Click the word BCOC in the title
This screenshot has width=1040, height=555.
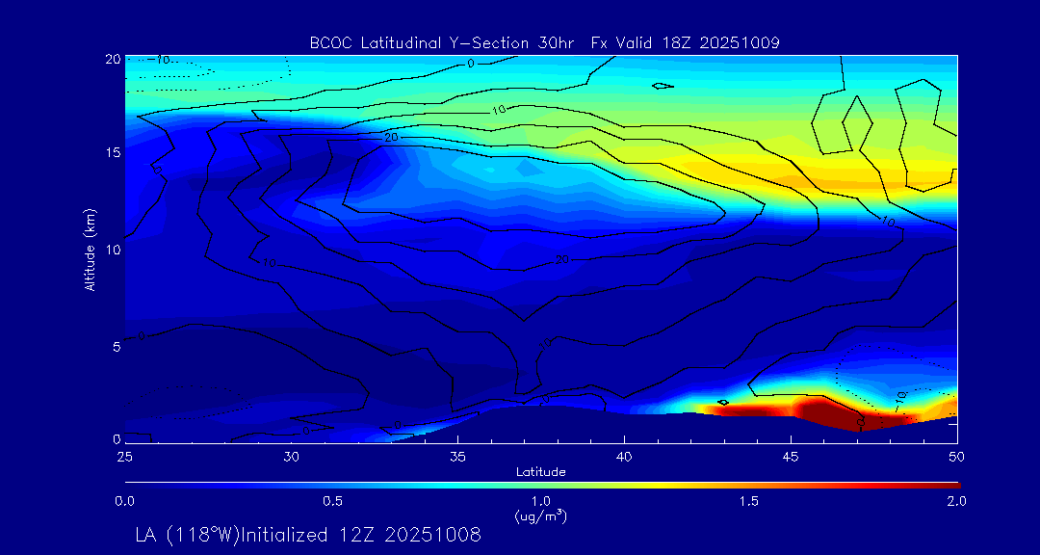click(x=327, y=42)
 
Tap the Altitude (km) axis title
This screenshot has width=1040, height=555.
click(x=90, y=249)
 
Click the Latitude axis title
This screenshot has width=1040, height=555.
click(x=540, y=471)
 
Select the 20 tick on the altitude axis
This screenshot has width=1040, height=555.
click(x=112, y=60)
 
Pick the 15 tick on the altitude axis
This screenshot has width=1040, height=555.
click(x=112, y=154)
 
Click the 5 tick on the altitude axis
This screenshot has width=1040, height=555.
click(x=115, y=345)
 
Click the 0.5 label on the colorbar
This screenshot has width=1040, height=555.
click(x=333, y=501)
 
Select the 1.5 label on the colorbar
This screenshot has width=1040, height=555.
click(x=749, y=501)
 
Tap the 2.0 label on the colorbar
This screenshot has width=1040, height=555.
click(x=956, y=501)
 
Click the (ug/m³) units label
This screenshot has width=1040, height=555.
click(x=540, y=516)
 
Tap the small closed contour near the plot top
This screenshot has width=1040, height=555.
click(x=663, y=86)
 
